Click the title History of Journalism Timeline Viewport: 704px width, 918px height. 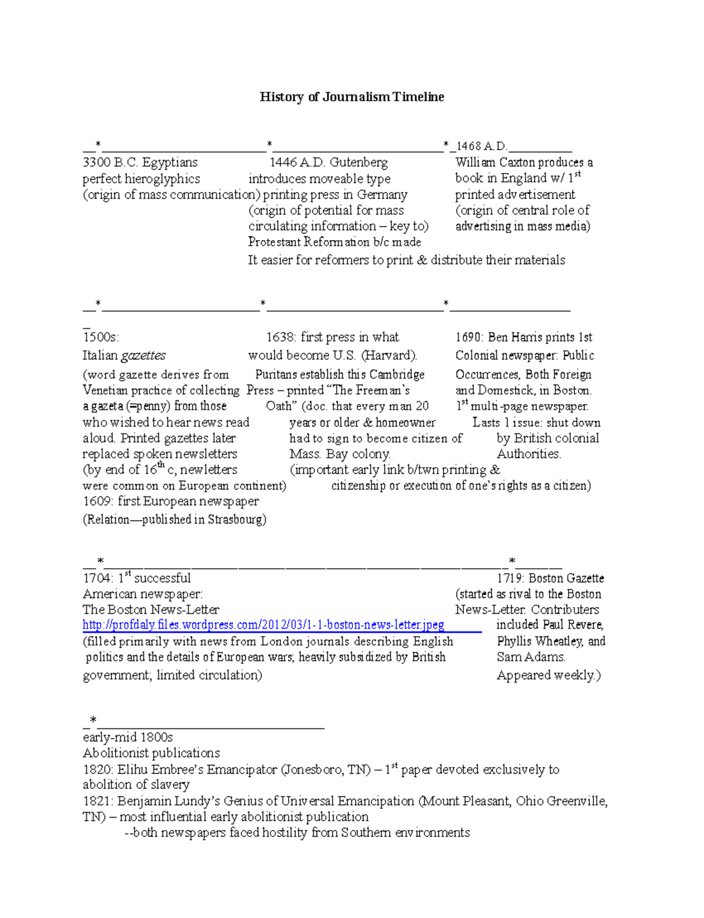(352, 97)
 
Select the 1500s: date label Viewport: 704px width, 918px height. (101, 338)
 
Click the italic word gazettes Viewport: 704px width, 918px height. (143, 356)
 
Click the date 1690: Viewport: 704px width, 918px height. (469, 338)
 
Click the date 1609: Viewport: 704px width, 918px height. (98, 501)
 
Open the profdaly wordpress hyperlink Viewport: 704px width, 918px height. (263, 625)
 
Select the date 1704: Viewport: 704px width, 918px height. (98, 578)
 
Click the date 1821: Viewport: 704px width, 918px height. (98, 801)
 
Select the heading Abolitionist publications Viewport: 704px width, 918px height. (151, 753)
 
